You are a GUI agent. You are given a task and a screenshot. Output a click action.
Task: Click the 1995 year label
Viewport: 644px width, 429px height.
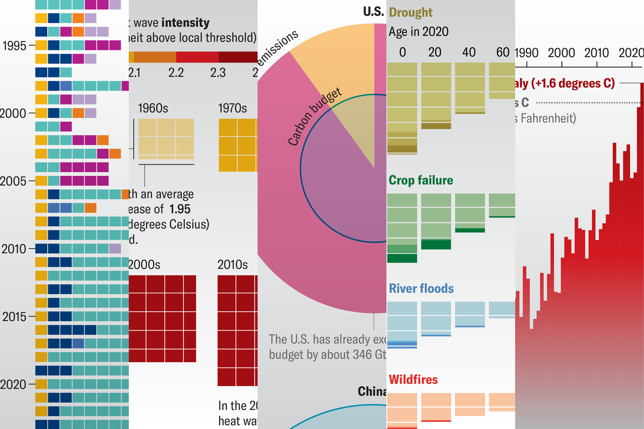(x=14, y=46)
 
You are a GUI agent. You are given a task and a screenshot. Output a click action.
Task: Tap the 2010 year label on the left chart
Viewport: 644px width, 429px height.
(x=14, y=249)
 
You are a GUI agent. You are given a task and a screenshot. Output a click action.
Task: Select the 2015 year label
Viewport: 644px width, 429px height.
(x=14, y=317)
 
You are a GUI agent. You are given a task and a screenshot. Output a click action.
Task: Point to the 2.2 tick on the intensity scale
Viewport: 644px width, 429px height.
(x=176, y=72)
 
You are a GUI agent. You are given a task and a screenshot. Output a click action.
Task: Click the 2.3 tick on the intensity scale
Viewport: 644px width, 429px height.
(x=218, y=72)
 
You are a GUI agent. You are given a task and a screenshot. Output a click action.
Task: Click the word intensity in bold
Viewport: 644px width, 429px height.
(x=186, y=23)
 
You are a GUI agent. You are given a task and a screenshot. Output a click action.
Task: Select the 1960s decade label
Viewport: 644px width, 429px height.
(x=153, y=108)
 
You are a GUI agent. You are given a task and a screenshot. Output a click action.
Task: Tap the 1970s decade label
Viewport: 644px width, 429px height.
(x=232, y=108)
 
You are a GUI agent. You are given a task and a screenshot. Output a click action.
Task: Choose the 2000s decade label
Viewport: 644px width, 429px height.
(x=145, y=265)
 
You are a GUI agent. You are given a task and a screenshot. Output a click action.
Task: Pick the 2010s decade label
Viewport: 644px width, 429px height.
(x=232, y=265)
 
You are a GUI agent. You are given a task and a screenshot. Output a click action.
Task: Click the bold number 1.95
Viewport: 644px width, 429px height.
(x=180, y=209)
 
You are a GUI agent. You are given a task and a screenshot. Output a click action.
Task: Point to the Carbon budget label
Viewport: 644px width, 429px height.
(x=315, y=116)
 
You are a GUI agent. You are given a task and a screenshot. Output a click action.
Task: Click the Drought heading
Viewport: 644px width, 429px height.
(x=410, y=12)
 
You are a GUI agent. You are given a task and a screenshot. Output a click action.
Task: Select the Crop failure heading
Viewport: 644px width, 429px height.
(x=421, y=180)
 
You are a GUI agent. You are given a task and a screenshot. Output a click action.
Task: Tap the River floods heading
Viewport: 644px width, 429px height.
(x=421, y=288)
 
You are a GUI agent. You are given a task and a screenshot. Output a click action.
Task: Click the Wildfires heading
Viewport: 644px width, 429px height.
(x=413, y=379)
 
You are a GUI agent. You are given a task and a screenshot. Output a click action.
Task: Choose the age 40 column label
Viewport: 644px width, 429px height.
(x=469, y=52)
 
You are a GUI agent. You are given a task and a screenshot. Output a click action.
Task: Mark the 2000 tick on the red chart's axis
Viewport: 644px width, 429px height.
(x=561, y=53)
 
